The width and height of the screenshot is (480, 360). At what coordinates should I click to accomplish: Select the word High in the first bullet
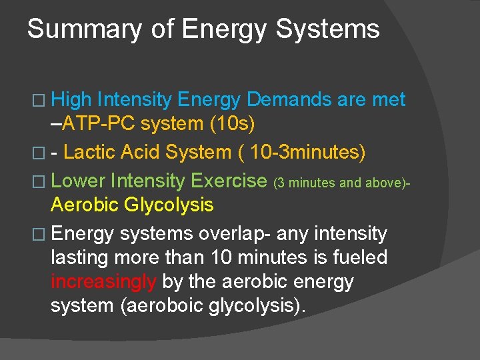(71, 100)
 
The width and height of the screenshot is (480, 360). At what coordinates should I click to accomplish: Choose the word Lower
(78, 181)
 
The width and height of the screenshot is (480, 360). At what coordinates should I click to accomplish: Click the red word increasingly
(103, 281)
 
